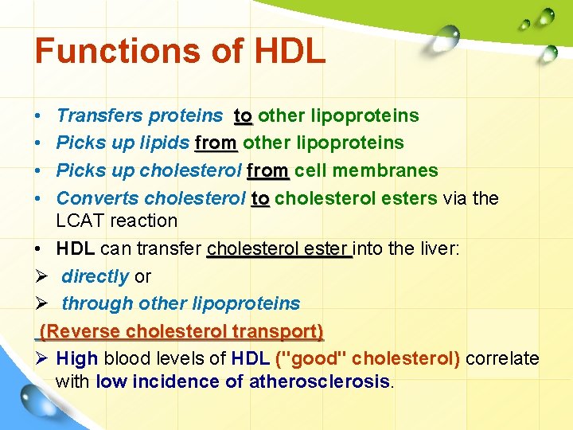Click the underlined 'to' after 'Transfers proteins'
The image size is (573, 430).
[243, 116]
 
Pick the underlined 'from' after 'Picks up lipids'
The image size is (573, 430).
[216, 143]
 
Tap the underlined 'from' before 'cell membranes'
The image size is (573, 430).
[268, 170]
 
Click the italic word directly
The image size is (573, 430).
[95, 276]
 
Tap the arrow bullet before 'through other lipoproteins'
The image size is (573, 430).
[43, 303]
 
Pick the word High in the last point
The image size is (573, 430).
[77, 358]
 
